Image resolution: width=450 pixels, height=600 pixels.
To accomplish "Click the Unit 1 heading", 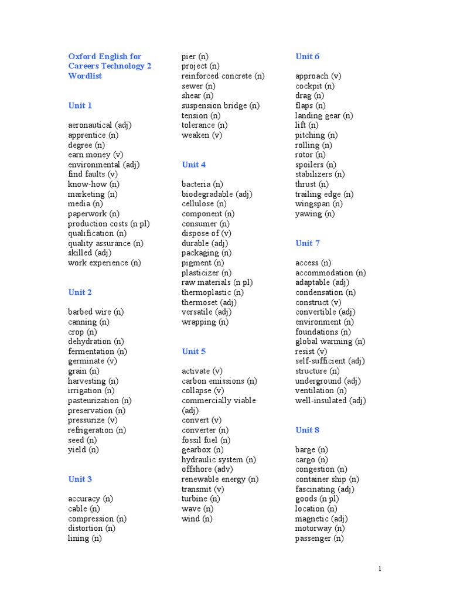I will [x=80, y=105].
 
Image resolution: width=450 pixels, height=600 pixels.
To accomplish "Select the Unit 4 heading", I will [x=193, y=165].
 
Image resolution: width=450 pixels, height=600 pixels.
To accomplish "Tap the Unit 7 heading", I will [x=308, y=243].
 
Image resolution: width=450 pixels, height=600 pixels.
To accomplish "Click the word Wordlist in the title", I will [x=84, y=76].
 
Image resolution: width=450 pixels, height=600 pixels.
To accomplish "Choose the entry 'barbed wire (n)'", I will [x=96, y=312].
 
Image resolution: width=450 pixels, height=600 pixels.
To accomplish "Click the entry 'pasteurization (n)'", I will [x=100, y=401].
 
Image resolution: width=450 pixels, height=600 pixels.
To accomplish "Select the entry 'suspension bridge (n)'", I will [x=220, y=105].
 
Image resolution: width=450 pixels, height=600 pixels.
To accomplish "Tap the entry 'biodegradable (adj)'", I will [x=217, y=194].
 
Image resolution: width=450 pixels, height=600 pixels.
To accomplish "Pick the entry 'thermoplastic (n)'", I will [x=213, y=292].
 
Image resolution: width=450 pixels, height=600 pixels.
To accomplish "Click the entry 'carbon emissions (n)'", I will [x=219, y=381].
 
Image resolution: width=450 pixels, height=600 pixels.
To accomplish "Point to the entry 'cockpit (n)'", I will [x=315, y=86].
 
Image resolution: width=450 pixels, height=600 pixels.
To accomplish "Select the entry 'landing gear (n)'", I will [x=324, y=115].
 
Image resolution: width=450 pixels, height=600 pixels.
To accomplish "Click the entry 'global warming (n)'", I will [x=330, y=342].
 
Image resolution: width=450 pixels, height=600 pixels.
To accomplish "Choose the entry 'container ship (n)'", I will [x=327, y=479].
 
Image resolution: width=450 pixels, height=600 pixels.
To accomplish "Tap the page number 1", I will [x=380, y=569].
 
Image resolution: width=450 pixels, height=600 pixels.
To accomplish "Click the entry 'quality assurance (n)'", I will [x=105, y=243].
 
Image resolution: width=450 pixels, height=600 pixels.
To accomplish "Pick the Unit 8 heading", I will [x=308, y=430].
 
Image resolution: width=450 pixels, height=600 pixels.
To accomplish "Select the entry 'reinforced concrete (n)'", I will [x=223, y=76].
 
